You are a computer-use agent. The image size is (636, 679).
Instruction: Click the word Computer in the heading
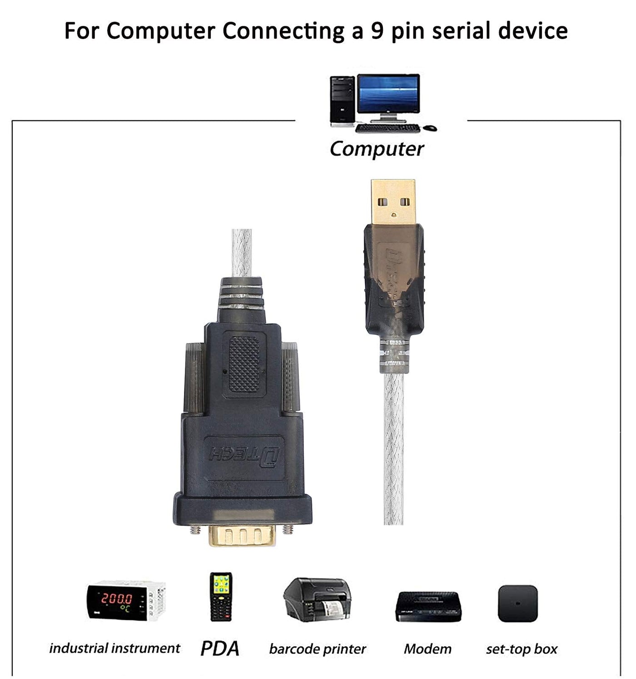(160, 31)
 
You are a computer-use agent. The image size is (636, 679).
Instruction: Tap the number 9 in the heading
(378, 31)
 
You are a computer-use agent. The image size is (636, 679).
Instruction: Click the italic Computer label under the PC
(377, 149)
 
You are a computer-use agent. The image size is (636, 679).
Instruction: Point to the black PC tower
(342, 101)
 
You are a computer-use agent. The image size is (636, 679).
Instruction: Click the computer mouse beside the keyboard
(430, 128)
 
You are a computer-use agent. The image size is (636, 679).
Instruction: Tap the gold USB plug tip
(393, 201)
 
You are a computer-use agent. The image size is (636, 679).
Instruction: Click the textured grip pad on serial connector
(245, 364)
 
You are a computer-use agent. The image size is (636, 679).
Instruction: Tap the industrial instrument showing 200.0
(126, 601)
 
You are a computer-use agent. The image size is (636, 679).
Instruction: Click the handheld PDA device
(221, 596)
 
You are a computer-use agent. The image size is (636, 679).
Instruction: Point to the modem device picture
(428, 607)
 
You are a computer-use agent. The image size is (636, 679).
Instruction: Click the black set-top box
(517, 604)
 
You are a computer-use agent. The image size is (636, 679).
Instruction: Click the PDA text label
(220, 649)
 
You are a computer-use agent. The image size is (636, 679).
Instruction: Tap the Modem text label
(427, 649)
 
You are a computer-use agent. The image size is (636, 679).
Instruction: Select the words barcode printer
(317, 649)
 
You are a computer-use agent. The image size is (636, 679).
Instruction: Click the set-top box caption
(521, 649)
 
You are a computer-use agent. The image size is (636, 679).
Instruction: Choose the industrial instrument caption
(114, 648)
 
